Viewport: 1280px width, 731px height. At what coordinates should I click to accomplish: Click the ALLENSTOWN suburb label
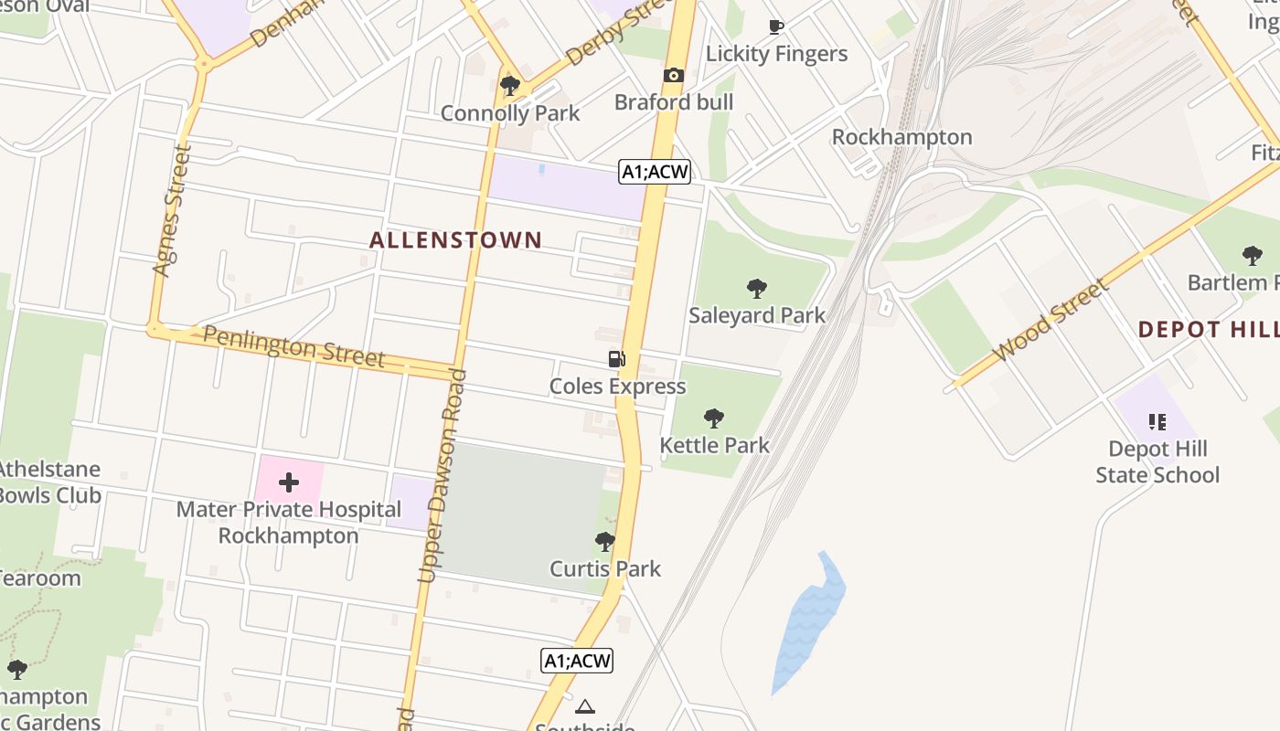point(455,240)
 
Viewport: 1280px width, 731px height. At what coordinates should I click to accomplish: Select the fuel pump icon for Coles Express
point(617,359)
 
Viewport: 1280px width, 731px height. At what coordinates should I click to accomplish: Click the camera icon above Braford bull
point(674,75)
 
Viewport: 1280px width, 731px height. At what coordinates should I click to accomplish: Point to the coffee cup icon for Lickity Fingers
point(776,26)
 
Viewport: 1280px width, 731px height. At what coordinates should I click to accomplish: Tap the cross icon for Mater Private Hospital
point(289,482)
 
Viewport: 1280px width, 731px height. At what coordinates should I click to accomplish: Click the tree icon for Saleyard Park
point(756,289)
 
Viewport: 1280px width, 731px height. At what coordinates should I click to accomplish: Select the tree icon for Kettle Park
point(714,418)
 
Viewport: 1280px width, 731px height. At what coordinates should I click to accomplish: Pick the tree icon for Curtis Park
point(604,542)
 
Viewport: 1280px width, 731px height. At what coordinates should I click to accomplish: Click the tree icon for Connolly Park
point(510,86)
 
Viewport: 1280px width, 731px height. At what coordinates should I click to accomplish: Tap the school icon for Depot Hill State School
point(1157,422)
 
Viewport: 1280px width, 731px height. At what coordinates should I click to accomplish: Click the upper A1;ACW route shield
point(654,171)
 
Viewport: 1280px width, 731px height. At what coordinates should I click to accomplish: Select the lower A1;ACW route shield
point(576,661)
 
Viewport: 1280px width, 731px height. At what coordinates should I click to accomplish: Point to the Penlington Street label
point(293,346)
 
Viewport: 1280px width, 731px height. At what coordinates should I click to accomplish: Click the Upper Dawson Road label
point(443,475)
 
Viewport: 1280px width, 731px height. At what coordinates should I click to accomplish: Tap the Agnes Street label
point(172,209)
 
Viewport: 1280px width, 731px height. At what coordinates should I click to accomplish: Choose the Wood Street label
point(1051,320)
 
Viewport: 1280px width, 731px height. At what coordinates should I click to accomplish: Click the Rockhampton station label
point(901,137)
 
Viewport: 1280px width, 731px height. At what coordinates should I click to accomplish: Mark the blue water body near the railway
point(809,621)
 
